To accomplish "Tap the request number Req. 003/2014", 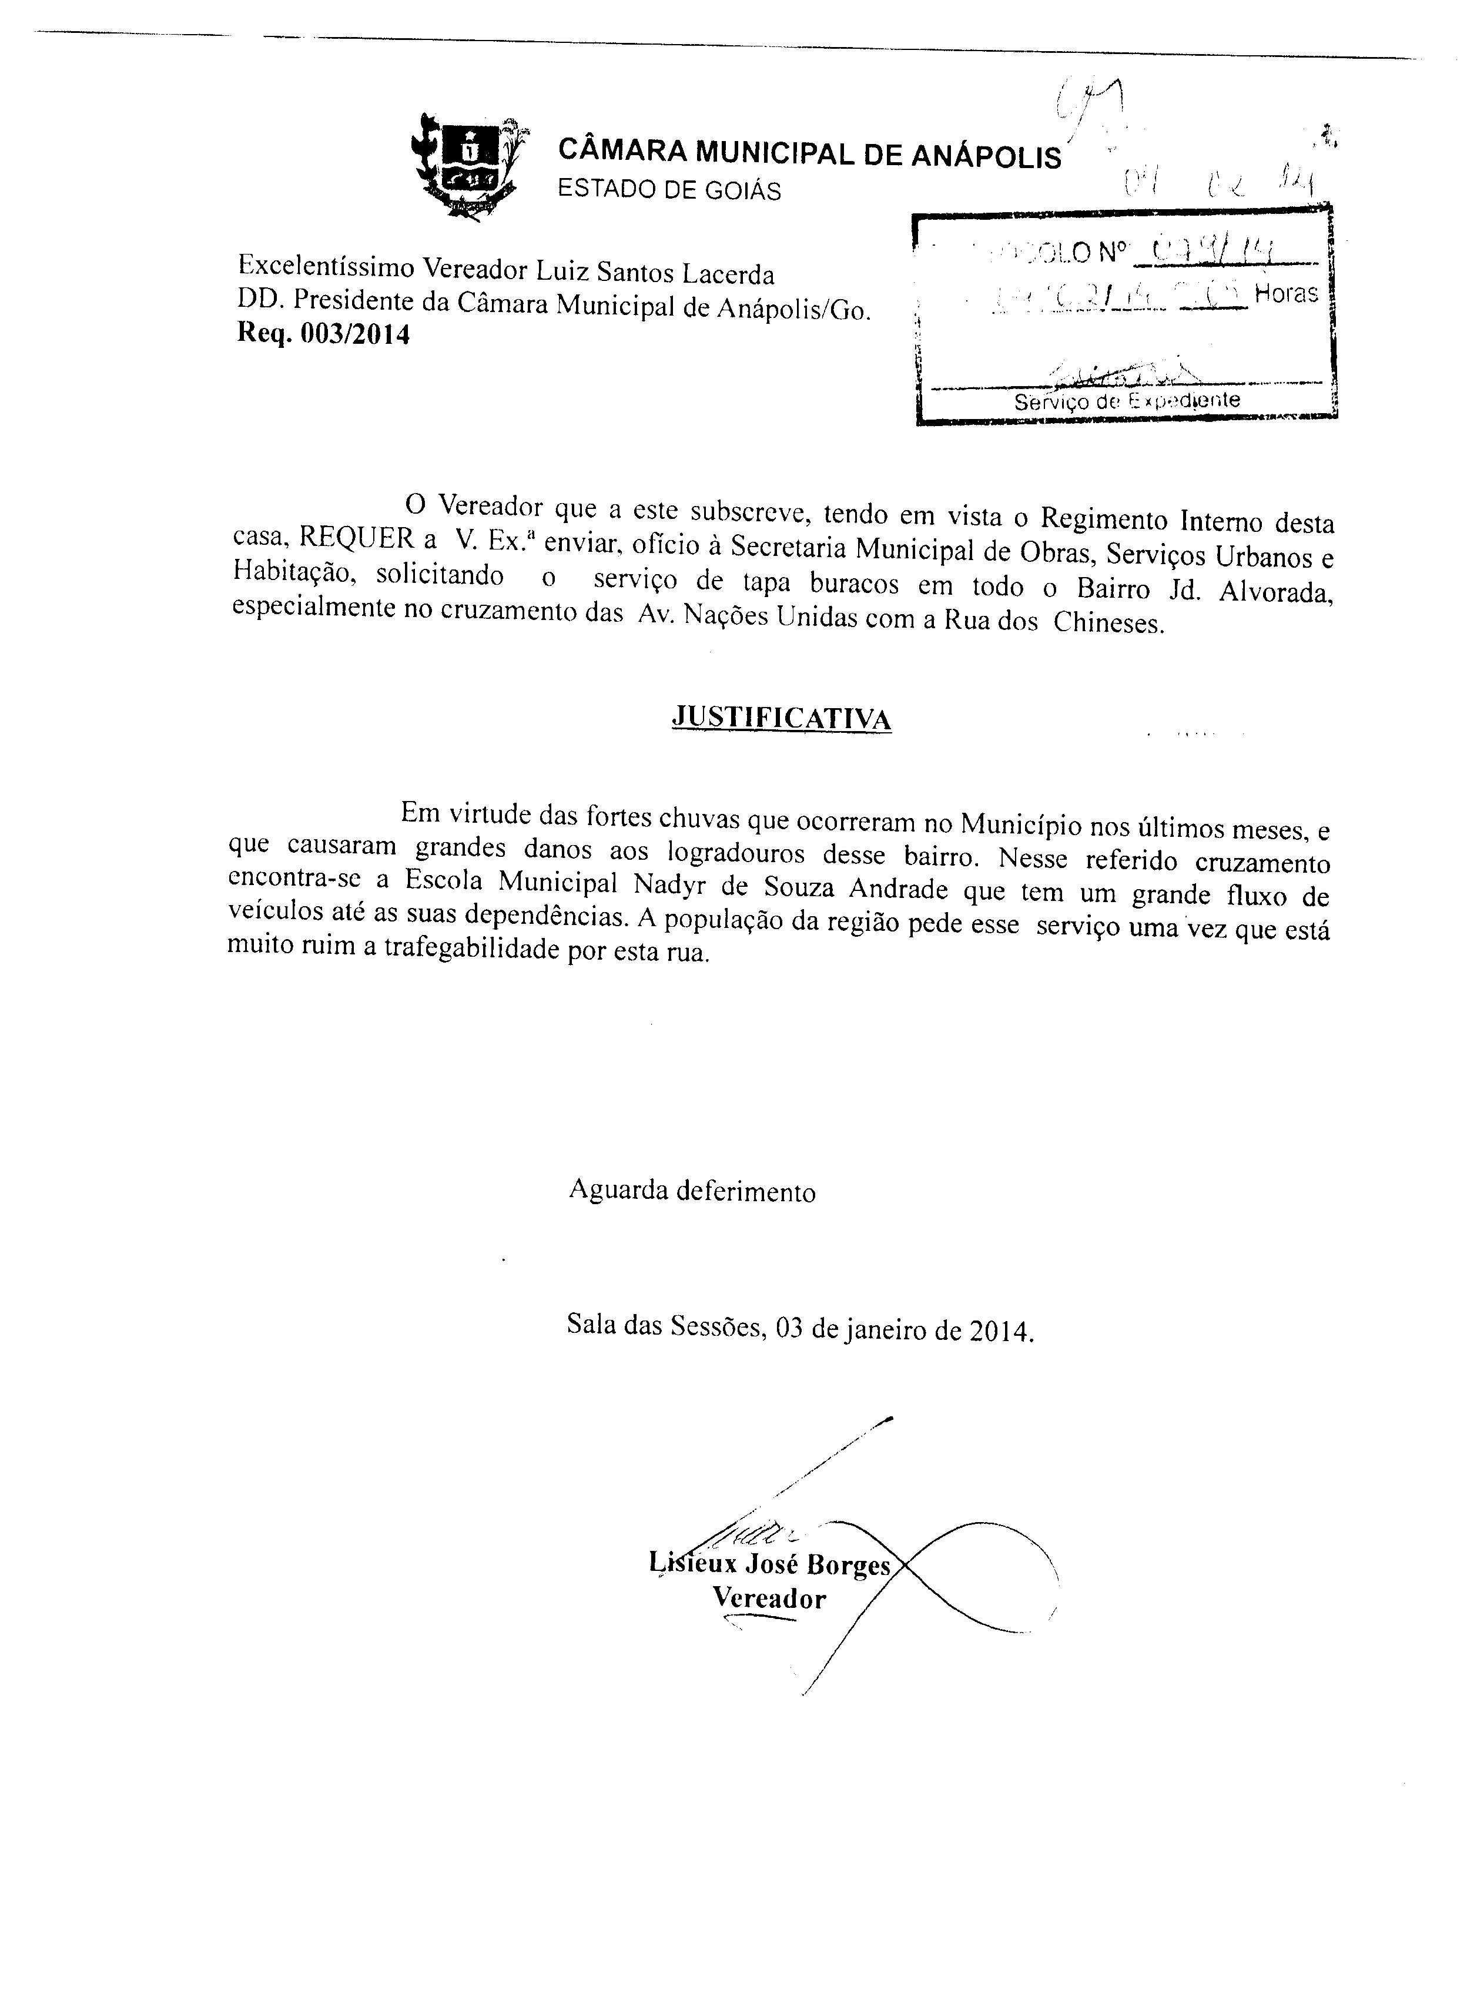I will [x=323, y=335].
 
